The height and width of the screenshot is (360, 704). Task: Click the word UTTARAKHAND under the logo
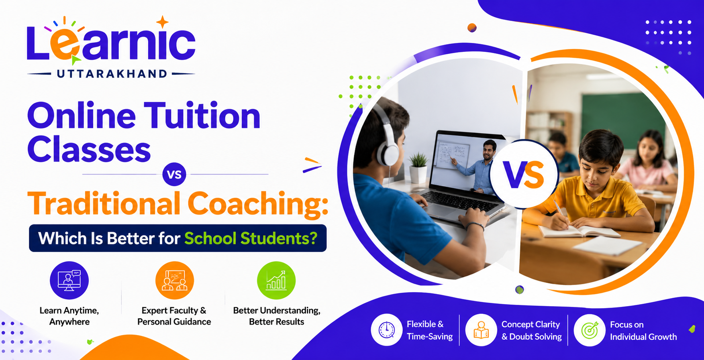pyautogui.click(x=112, y=74)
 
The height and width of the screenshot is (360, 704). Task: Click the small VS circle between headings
pyautogui.click(x=174, y=175)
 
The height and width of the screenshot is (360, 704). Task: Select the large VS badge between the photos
pyautogui.click(x=524, y=174)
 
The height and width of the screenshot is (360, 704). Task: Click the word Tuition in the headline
pyautogui.click(x=202, y=116)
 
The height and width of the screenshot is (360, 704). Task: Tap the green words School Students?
pyautogui.click(x=251, y=238)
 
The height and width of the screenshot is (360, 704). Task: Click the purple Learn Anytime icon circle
pyautogui.click(x=69, y=280)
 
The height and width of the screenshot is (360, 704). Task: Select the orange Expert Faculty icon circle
pyautogui.click(x=175, y=280)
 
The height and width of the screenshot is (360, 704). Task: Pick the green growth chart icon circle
pyautogui.click(x=276, y=280)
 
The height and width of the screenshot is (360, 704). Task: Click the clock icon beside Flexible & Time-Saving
pyautogui.click(x=386, y=330)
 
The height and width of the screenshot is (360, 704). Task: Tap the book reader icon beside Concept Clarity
pyautogui.click(x=481, y=330)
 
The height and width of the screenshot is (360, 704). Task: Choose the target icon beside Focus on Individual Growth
pyautogui.click(x=590, y=330)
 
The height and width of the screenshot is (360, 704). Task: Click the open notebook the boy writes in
pyautogui.click(x=578, y=231)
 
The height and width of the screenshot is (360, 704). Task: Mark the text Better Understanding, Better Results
pyautogui.click(x=277, y=316)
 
